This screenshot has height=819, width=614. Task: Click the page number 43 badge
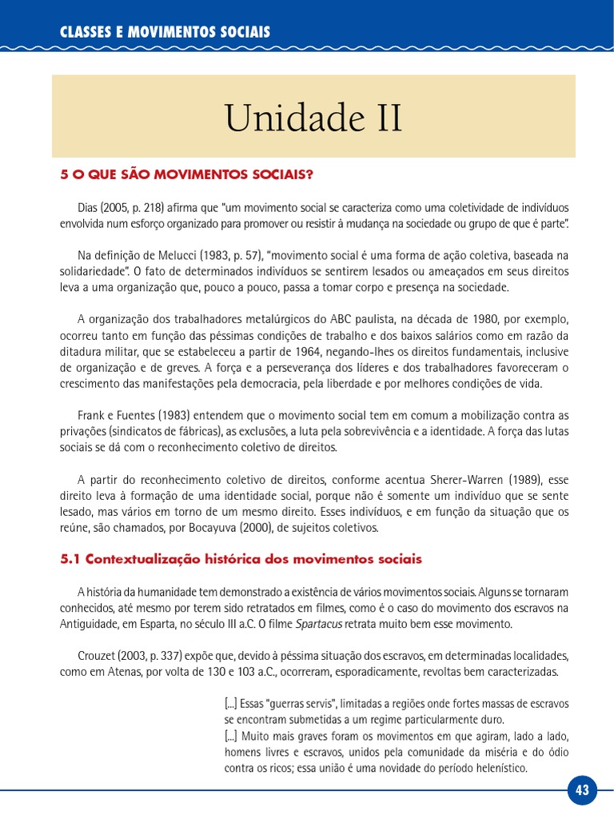(581, 791)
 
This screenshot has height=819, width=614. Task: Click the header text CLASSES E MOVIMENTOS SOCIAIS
(165, 32)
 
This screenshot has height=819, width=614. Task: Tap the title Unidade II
(313, 118)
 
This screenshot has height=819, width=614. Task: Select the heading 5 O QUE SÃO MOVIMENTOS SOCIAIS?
(187, 174)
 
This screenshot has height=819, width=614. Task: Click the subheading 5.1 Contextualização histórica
(241, 559)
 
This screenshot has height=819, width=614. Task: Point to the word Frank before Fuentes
(93, 415)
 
